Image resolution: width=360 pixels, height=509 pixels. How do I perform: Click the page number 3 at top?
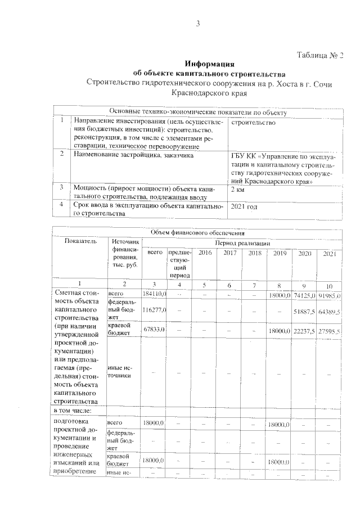(198, 24)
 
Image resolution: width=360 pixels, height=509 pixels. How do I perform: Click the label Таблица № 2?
(319, 55)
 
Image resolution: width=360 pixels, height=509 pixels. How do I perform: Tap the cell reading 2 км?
(238, 190)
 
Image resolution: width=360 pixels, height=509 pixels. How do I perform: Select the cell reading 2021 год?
(245, 207)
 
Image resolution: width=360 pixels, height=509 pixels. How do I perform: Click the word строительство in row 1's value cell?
(254, 122)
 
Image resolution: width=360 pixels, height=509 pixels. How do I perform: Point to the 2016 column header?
(205, 253)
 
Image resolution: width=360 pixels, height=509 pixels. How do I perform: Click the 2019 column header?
(279, 253)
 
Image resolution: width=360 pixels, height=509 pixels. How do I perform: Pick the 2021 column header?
(329, 254)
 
